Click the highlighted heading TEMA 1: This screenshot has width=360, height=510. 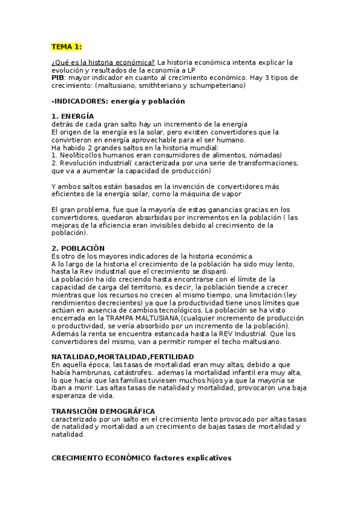[66, 46]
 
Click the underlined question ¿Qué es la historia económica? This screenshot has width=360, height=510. [103, 63]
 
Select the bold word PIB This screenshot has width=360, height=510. [58, 78]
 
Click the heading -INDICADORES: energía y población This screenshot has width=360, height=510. [118, 101]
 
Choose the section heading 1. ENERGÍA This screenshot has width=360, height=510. [73, 116]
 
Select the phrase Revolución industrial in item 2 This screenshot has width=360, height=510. [95, 162]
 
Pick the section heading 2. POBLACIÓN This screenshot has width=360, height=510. [78, 248]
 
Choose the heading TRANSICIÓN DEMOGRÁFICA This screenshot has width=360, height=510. [103, 411]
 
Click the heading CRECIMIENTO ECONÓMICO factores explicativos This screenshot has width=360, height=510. [141, 458]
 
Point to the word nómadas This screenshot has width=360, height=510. [265, 155]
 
